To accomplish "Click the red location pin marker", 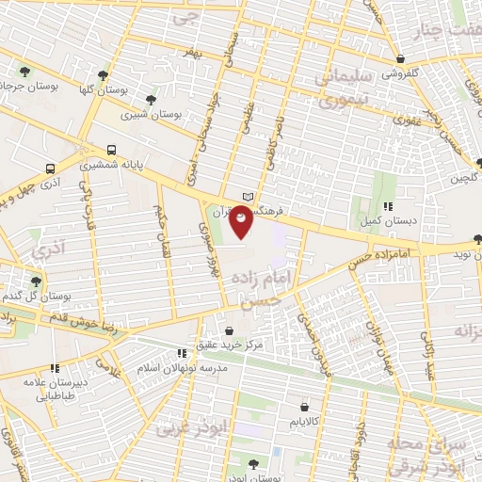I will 242,219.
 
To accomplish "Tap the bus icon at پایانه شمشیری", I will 112,150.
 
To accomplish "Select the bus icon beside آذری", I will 48,169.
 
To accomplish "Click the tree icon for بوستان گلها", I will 103,75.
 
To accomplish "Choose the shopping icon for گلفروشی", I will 402,58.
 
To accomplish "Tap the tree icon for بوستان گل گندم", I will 36,281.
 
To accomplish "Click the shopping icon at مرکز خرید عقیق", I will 231,331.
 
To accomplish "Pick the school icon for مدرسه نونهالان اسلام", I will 181,355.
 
